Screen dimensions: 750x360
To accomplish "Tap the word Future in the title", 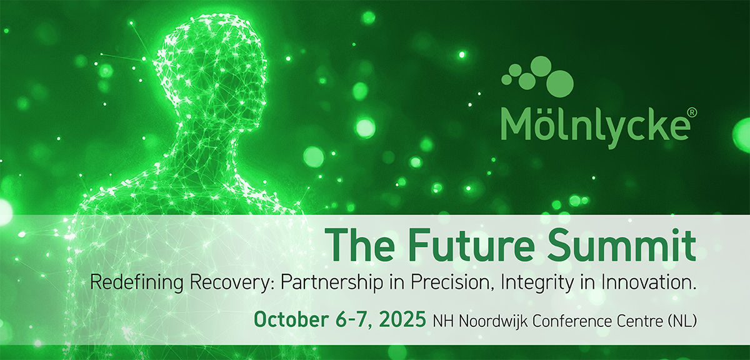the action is pos(471,245).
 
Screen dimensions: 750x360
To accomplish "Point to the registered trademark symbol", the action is pos(692,112).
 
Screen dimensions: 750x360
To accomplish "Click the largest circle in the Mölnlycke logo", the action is pos(560,84).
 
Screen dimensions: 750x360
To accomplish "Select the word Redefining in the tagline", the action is pos(137,283).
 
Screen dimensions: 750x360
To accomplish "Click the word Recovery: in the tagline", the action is pos(232,283).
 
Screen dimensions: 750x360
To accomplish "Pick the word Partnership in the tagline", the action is pos(332,283).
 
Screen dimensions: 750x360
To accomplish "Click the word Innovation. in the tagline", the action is pos(649,282).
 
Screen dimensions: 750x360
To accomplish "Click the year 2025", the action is pos(402,319).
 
